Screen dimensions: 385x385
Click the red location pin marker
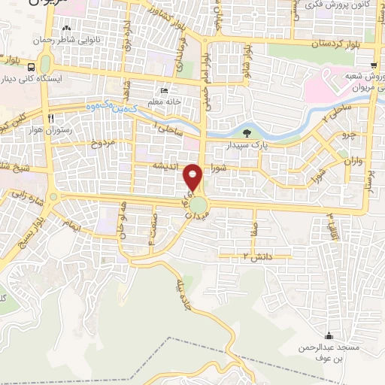tap(193, 177)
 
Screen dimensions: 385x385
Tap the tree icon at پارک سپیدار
tap(247, 135)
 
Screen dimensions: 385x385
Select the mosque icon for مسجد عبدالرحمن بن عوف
tap(328, 335)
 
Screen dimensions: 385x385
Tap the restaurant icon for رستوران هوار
tap(50, 118)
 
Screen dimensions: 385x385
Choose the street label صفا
tap(256, 223)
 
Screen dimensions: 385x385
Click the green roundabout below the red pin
tap(199, 205)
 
